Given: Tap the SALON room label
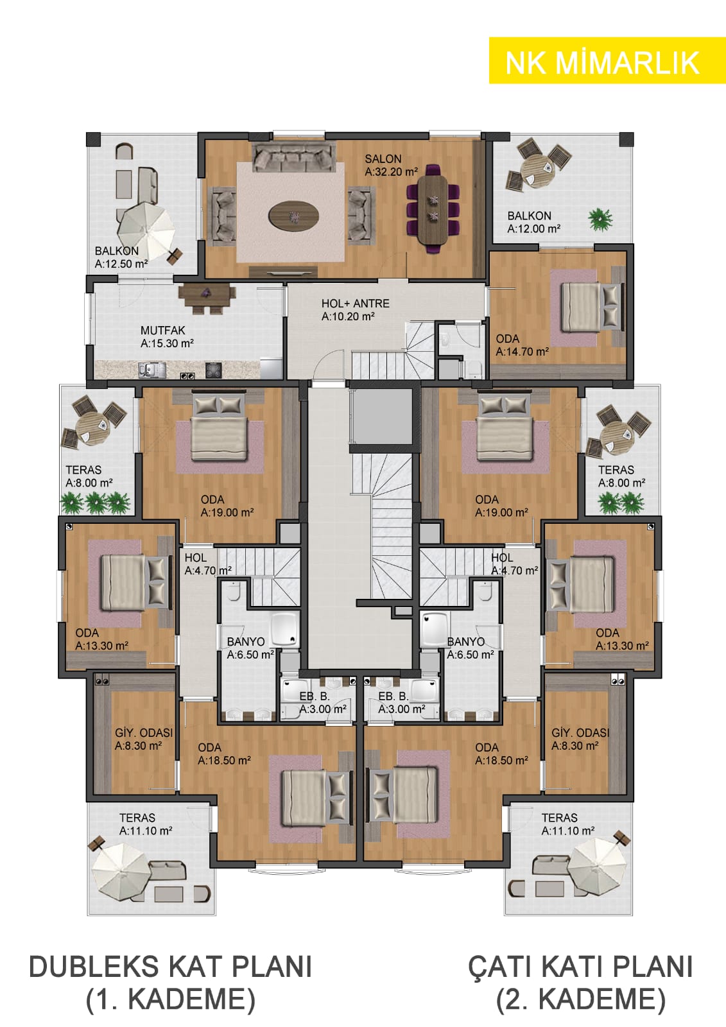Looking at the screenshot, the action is tap(383, 159).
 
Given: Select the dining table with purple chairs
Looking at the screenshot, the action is tap(433, 209).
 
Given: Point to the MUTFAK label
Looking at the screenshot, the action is tap(163, 330).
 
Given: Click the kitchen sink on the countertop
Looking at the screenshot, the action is tap(151, 370).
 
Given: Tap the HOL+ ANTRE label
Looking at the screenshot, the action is tap(356, 304).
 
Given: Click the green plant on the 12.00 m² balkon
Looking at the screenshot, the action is tap(601, 220).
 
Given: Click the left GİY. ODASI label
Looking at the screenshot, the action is tap(144, 732).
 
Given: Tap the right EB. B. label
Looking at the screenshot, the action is tap(393, 696).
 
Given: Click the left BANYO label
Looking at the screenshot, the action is tap(246, 641).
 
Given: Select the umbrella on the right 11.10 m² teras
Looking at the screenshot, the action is tap(597, 866).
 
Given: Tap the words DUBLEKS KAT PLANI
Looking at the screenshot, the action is tap(170, 967).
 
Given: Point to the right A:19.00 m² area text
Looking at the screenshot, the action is tap(501, 513).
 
